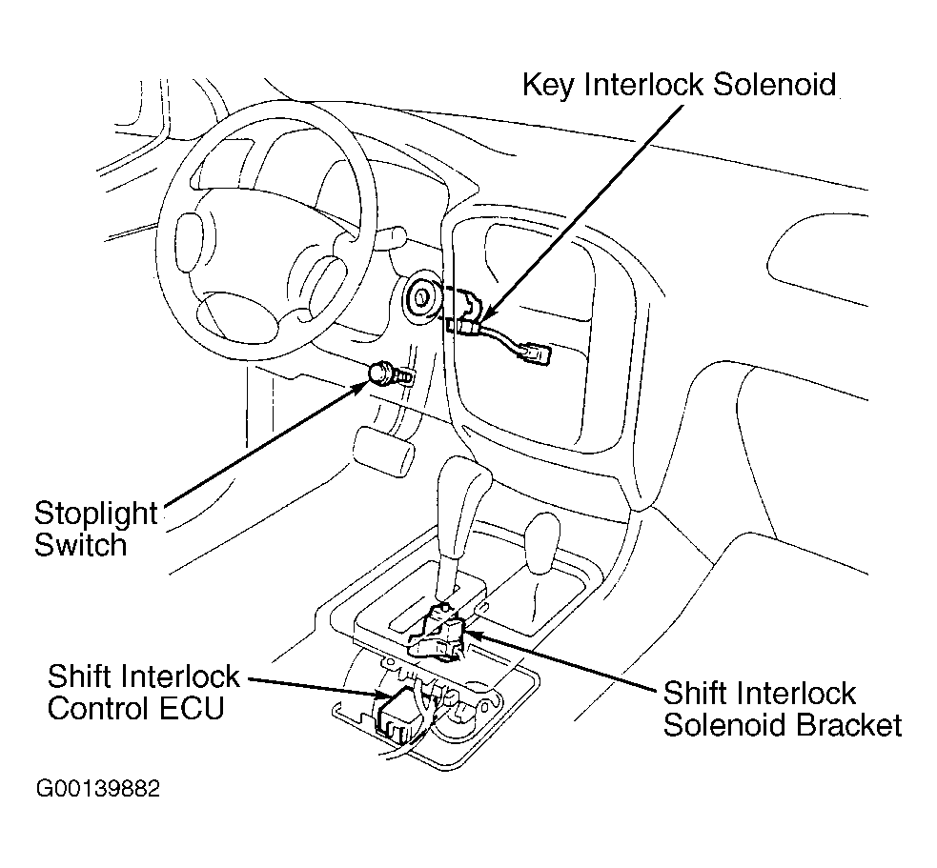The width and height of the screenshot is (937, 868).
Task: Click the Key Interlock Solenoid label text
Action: click(x=679, y=84)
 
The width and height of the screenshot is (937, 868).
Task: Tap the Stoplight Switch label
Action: click(x=94, y=529)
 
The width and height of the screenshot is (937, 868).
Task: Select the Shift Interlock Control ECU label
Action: click(x=143, y=693)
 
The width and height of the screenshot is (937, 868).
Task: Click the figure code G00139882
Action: click(x=98, y=789)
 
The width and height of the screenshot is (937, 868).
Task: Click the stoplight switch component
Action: click(x=386, y=373)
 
